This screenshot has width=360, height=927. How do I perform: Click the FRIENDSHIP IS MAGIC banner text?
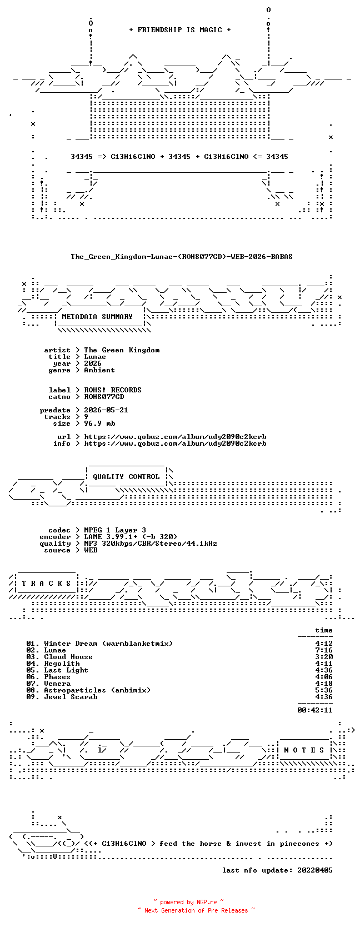[180, 30]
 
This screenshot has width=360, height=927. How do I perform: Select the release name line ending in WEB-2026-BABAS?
[182, 257]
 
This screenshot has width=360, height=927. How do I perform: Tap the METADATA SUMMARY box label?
[97, 317]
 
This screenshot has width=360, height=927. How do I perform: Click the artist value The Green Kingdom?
[122, 350]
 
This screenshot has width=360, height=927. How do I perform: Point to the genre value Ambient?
[99, 370]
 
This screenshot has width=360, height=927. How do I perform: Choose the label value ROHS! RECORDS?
[113, 390]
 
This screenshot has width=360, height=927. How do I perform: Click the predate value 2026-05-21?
[106, 410]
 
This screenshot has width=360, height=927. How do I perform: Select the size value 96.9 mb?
[99, 423]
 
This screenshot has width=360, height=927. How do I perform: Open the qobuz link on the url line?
[175, 437]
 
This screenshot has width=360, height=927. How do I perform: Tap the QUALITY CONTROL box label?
[126, 477]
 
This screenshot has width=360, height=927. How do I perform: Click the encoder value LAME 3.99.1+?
[111, 537]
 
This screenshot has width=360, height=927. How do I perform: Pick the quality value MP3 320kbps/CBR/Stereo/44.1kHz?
[151, 544]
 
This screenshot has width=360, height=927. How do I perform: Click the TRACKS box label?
[46, 584]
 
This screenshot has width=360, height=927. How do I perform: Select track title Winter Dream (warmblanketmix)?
[108, 644]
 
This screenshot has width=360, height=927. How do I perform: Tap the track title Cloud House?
[68, 657]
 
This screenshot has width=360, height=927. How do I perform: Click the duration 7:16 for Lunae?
[324, 650]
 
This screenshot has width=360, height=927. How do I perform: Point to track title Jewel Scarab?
[71, 697]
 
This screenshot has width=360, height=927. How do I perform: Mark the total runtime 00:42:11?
[315, 710]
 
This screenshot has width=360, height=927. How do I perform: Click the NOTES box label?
[304, 750]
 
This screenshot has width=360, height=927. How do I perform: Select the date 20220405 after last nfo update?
[315, 870]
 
